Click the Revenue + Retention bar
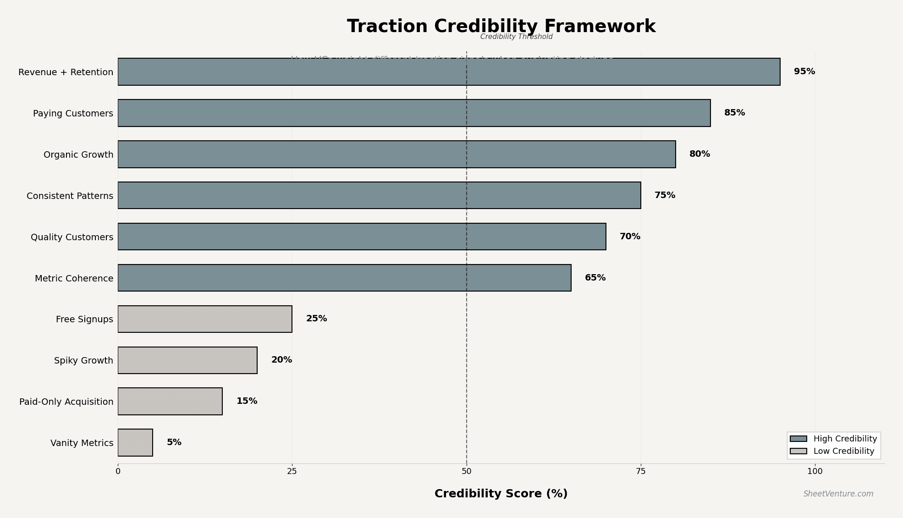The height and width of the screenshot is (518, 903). click(x=449, y=72)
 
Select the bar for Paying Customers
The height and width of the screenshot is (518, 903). click(x=414, y=113)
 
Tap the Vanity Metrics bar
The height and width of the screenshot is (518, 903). click(x=135, y=443)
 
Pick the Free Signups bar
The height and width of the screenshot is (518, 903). click(x=205, y=319)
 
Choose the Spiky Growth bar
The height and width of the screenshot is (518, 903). click(x=187, y=360)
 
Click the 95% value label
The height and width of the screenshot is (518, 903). click(x=804, y=72)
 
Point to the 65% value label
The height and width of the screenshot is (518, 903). click(x=595, y=278)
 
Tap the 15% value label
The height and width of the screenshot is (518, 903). click(x=247, y=401)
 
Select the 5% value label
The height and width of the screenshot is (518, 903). click(x=174, y=442)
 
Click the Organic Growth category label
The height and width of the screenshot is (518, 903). click(x=78, y=155)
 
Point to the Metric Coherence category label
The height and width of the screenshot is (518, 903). click(x=74, y=279)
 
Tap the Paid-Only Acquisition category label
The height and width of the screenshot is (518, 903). click(x=66, y=402)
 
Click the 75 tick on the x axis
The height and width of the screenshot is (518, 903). click(x=641, y=471)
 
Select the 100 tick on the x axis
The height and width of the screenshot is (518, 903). click(x=815, y=471)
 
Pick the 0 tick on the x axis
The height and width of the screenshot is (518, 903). click(x=118, y=471)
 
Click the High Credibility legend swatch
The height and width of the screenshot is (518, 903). click(x=798, y=439)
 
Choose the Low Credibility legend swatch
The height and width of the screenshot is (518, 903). click(x=798, y=452)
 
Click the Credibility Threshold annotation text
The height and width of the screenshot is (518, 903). click(x=516, y=37)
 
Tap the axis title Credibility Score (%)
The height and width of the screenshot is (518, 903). click(x=501, y=494)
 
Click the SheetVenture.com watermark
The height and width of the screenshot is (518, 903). click(x=838, y=494)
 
